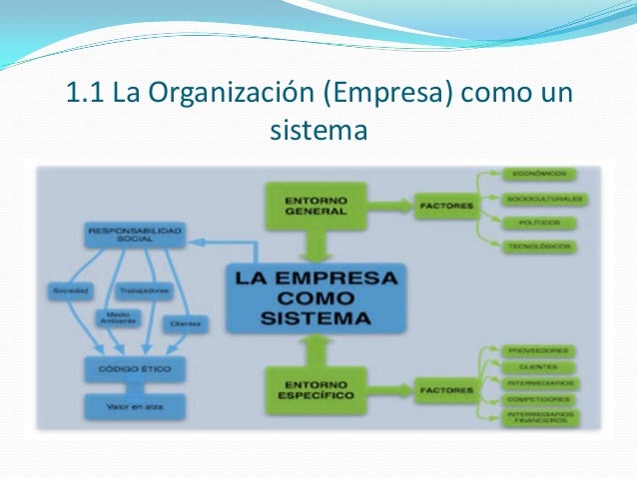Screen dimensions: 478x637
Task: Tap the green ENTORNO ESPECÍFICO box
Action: (316, 389)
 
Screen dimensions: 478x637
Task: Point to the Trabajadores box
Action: (143, 291)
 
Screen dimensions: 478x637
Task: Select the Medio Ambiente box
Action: (113, 318)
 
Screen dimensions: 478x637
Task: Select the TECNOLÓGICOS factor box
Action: (540, 245)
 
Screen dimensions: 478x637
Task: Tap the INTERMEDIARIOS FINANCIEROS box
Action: (540, 418)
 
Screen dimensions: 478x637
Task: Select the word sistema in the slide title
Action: (318, 130)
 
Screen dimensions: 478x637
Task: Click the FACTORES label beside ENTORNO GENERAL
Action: (441, 207)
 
